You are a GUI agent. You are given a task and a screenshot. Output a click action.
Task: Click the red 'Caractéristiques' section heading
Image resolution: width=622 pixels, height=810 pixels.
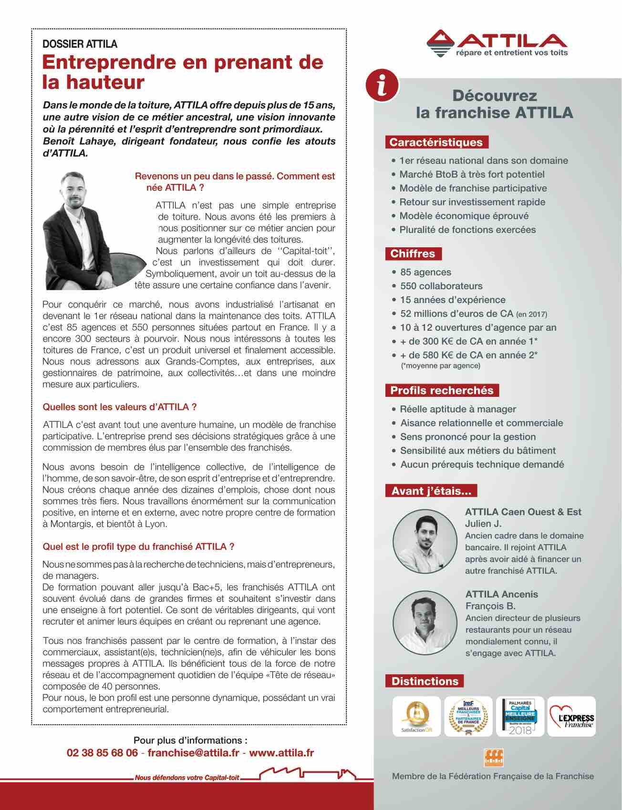point(436,142)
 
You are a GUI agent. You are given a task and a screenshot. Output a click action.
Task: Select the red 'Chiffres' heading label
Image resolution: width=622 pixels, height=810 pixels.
point(413,253)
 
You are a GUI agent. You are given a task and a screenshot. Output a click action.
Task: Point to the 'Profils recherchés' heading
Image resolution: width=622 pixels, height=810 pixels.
point(442,390)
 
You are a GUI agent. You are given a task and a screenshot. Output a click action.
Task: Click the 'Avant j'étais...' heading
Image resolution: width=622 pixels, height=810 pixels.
point(431,491)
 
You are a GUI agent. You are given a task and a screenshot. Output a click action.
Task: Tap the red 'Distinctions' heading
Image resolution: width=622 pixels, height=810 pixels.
point(425,681)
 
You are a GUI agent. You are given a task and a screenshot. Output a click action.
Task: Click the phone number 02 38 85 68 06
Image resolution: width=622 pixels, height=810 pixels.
point(102,753)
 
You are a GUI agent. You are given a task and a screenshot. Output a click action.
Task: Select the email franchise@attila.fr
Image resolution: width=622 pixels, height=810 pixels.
point(193,753)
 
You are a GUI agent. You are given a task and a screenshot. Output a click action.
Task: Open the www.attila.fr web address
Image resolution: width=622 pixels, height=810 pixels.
point(281,753)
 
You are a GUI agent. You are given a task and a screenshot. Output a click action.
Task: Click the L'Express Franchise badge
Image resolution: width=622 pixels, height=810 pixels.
point(571,716)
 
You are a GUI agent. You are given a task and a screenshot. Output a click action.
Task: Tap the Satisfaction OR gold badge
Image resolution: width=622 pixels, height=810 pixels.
point(416,716)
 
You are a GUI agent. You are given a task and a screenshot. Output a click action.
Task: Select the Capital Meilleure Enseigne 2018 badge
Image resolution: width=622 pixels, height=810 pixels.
point(520,716)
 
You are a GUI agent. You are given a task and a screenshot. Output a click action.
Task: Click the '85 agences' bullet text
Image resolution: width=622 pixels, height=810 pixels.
point(425,272)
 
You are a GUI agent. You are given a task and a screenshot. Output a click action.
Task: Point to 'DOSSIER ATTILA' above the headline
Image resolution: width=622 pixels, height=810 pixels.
point(80,44)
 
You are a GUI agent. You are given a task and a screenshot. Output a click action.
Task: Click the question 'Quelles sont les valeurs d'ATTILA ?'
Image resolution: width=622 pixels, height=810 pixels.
point(120,407)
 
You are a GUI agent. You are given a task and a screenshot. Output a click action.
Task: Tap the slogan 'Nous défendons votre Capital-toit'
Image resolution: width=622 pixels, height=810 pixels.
point(187,778)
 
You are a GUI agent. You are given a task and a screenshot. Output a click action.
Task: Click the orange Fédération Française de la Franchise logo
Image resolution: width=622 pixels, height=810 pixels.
point(493,757)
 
